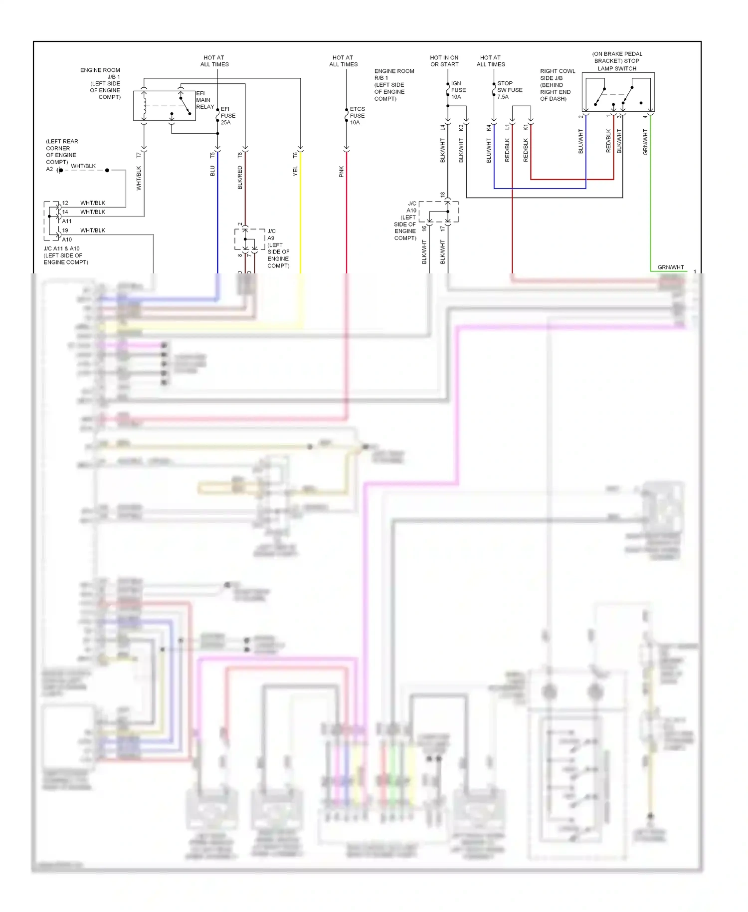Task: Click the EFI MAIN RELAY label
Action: tap(204, 100)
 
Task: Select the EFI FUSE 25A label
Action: tap(228, 115)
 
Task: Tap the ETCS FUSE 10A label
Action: tap(357, 115)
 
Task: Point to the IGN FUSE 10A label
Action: tap(458, 90)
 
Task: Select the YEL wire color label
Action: tap(295, 171)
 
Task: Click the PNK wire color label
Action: tap(342, 172)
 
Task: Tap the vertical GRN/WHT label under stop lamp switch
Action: tap(645, 142)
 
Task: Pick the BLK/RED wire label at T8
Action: tap(240, 178)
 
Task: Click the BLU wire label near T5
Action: tap(212, 171)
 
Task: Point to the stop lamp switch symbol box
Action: tap(618, 93)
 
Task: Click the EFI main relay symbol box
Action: tap(164, 106)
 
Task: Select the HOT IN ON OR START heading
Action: tap(444, 61)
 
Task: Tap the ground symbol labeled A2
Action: tap(59, 171)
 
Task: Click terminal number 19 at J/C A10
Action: tap(65, 230)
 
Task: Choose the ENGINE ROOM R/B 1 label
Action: tap(394, 84)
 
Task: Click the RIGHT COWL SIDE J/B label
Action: tap(557, 85)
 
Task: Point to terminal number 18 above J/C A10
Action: tap(442, 195)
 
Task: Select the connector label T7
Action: tap(139, 156)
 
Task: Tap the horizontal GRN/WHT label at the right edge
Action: tap(671, 267)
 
